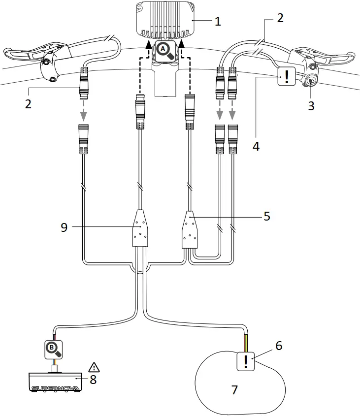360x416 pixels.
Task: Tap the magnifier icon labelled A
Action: (165, 51)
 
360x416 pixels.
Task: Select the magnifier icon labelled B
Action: (53, 349)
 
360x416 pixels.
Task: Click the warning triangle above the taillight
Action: (93, 367)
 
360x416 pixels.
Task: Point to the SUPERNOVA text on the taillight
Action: (55, 388)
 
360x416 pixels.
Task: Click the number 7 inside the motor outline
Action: (234, 390)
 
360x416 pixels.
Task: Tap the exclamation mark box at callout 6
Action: (246, 362)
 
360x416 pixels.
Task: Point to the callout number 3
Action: (311, 105)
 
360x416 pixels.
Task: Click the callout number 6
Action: (278, 346)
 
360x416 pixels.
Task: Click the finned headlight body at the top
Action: (165, 20)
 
